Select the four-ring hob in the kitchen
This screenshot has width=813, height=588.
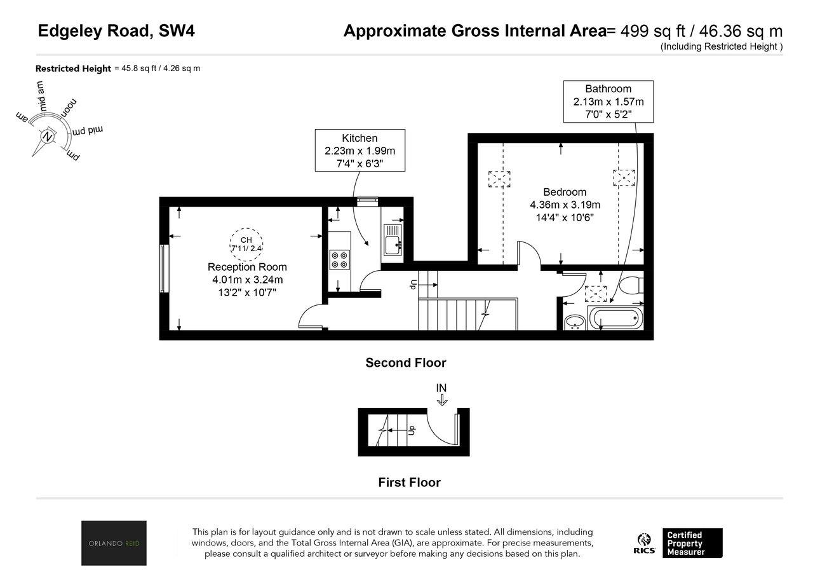point(340,260)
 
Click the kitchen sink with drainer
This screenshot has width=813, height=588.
point(393,240)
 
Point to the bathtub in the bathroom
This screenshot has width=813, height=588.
point(615,318)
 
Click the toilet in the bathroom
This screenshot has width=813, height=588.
point(632,285)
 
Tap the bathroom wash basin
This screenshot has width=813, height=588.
point(574,322)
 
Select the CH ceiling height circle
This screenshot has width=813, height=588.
point(246,245)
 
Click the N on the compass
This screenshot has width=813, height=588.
point(47,137)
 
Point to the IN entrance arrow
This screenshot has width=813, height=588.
point(441,400)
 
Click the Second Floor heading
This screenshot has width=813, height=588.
point(406,362)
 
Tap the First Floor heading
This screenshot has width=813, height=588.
point(410,482)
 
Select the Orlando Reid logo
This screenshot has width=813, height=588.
point(114,543)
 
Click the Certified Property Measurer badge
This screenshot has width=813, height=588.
point(692,543)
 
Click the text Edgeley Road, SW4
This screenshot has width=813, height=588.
point(116,31)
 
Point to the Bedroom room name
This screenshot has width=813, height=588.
point(565,192)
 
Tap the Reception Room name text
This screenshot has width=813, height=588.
point(247,267)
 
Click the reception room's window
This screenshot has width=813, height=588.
point(164,268)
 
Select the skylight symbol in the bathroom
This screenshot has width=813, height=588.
point(596,294)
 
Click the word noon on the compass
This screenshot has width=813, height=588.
point(69,107)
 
